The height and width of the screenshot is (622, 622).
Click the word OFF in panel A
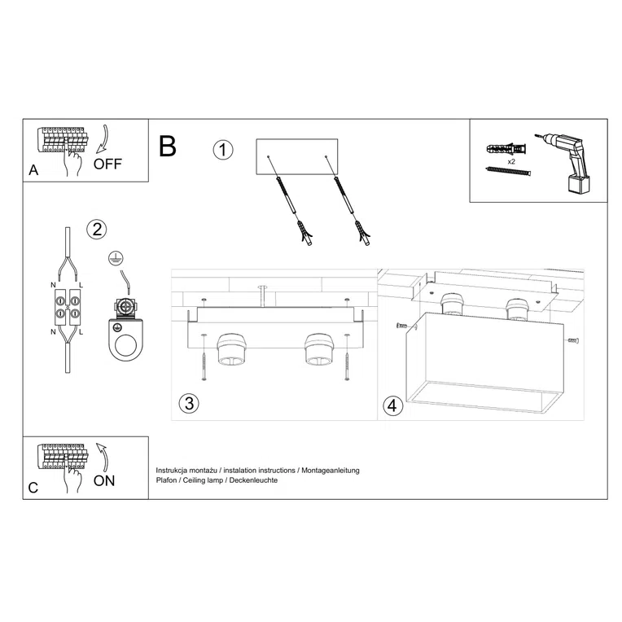[107, 164]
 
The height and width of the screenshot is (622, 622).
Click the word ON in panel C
[104, 480]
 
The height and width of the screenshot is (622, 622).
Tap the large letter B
[168, 147]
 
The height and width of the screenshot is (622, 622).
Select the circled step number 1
[222, 151]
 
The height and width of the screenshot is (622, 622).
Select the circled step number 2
[97, 229]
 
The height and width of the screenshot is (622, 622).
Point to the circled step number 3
[188, 403]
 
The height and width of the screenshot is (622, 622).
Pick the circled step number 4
[393, 405]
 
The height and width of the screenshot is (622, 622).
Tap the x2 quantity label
[510, 162]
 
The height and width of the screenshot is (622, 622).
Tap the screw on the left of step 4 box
[401, 326]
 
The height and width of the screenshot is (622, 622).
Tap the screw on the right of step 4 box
[572, 339]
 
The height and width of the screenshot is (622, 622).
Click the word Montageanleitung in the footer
[331, 471]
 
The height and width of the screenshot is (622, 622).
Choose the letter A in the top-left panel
[33, 171]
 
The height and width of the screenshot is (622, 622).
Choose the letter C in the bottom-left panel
[33, 488]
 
